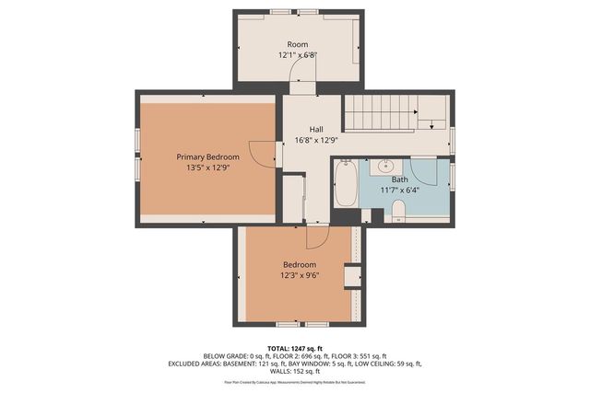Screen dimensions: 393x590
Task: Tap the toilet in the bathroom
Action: (398, 214)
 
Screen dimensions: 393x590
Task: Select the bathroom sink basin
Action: (384, 168)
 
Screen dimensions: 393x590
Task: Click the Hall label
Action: (315, 130)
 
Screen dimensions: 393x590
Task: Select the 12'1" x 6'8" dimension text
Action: (297, 55)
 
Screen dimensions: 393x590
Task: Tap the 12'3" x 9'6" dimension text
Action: (299, 275)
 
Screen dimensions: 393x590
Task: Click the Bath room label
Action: (399, 179)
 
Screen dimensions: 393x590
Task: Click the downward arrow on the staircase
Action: (429, 122)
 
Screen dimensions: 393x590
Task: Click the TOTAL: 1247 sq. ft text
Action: (294, 348)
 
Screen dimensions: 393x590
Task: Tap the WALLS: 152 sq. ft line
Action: (294, 371)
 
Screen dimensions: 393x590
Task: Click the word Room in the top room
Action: (297, 44)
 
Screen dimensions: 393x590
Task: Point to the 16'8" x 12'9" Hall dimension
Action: (315, 141)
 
